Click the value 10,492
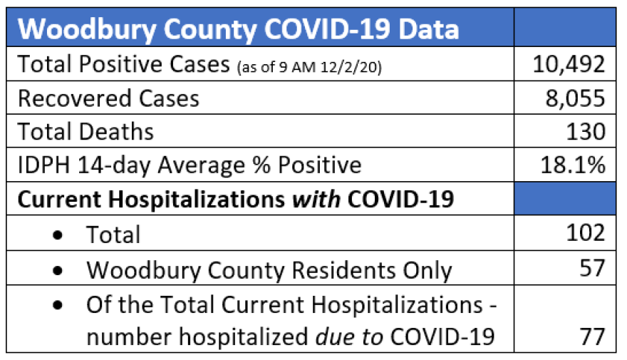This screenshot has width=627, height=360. click(569, 65)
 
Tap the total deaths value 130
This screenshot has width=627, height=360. click(586, 132)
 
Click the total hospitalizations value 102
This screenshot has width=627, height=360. click(586, 234)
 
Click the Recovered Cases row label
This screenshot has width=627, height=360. click(108, 98)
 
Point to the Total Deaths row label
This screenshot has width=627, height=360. click(85, 132)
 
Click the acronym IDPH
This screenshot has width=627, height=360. click(42, 166)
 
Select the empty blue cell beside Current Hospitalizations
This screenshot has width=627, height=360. click(565, 200)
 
